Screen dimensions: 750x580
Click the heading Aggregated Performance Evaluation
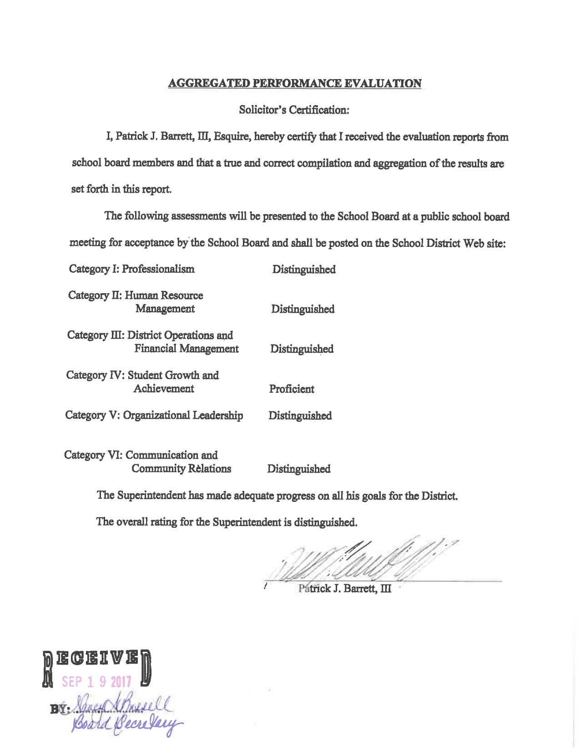(295, 84)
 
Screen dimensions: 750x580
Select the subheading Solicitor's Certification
(294, 110)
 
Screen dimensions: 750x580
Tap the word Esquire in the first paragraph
(231, 137)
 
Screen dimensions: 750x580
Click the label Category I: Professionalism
(132, 269)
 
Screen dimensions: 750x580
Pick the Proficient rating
(292, 389)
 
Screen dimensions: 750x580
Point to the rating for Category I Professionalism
(304, 270)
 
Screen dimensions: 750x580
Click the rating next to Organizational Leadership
(300, 416)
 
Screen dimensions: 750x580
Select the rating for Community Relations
(299, 469)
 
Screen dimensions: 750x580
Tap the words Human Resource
(164, 295)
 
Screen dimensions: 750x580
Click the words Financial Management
(187, 349)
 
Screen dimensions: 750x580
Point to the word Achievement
(164, 389)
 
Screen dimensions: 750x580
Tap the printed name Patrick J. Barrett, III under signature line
(345, 589)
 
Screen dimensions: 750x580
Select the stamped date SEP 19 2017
(96, 682)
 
